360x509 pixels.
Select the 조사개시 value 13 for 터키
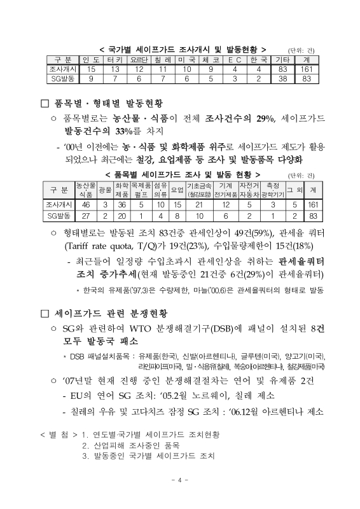coord(119,69)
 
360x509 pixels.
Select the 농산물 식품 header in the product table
coord(85,188)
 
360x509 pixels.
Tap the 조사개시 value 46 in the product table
coord(85,205)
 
